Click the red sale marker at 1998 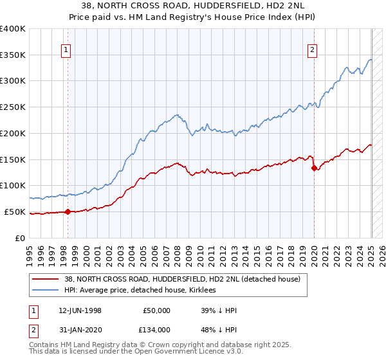click(x=68, y=212)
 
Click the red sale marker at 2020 click(x=314, y=168)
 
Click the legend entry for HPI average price click(x=140, y=290)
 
